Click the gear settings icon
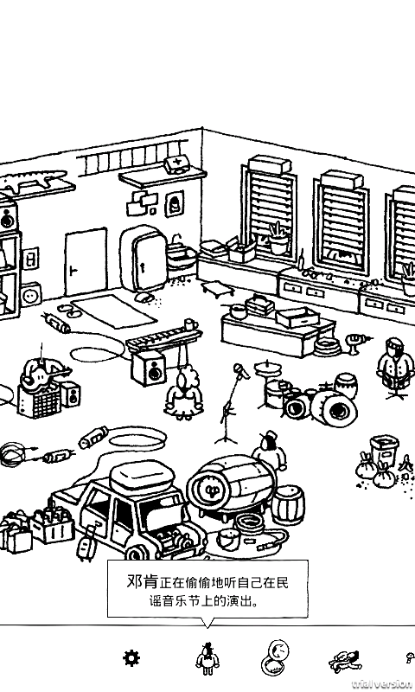[131, 658]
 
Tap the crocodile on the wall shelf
[33, 180]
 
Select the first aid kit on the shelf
[177, 163]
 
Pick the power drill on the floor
[357, 342]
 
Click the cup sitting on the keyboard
[189, 324]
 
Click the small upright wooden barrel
[289, 504]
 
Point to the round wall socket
[32, 293]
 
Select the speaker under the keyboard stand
[148, 368]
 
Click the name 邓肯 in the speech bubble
[142, 581]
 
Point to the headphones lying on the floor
[14, 453]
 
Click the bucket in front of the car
[228, 540]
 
